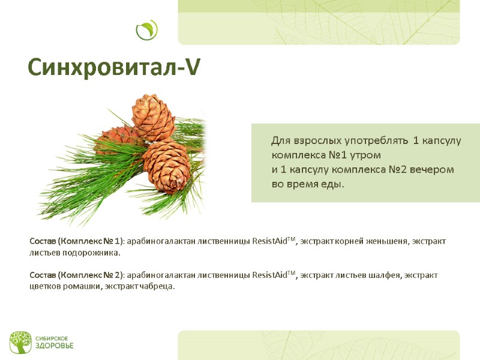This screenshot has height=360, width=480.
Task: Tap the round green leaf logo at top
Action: pos(146,30)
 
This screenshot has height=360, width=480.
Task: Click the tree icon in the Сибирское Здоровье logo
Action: pos(20,342)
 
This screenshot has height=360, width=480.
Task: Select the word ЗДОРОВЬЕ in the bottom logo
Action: pos(53,346)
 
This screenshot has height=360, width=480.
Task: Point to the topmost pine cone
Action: pos(153,116)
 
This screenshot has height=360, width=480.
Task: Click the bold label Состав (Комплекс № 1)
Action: pos(76,241)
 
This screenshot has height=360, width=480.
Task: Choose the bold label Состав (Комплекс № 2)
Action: pos(77,275)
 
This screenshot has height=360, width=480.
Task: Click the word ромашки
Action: pos(83,287)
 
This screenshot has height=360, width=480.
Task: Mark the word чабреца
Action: pos(157,287)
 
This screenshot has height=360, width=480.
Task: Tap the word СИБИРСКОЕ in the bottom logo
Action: pos(50,338)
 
